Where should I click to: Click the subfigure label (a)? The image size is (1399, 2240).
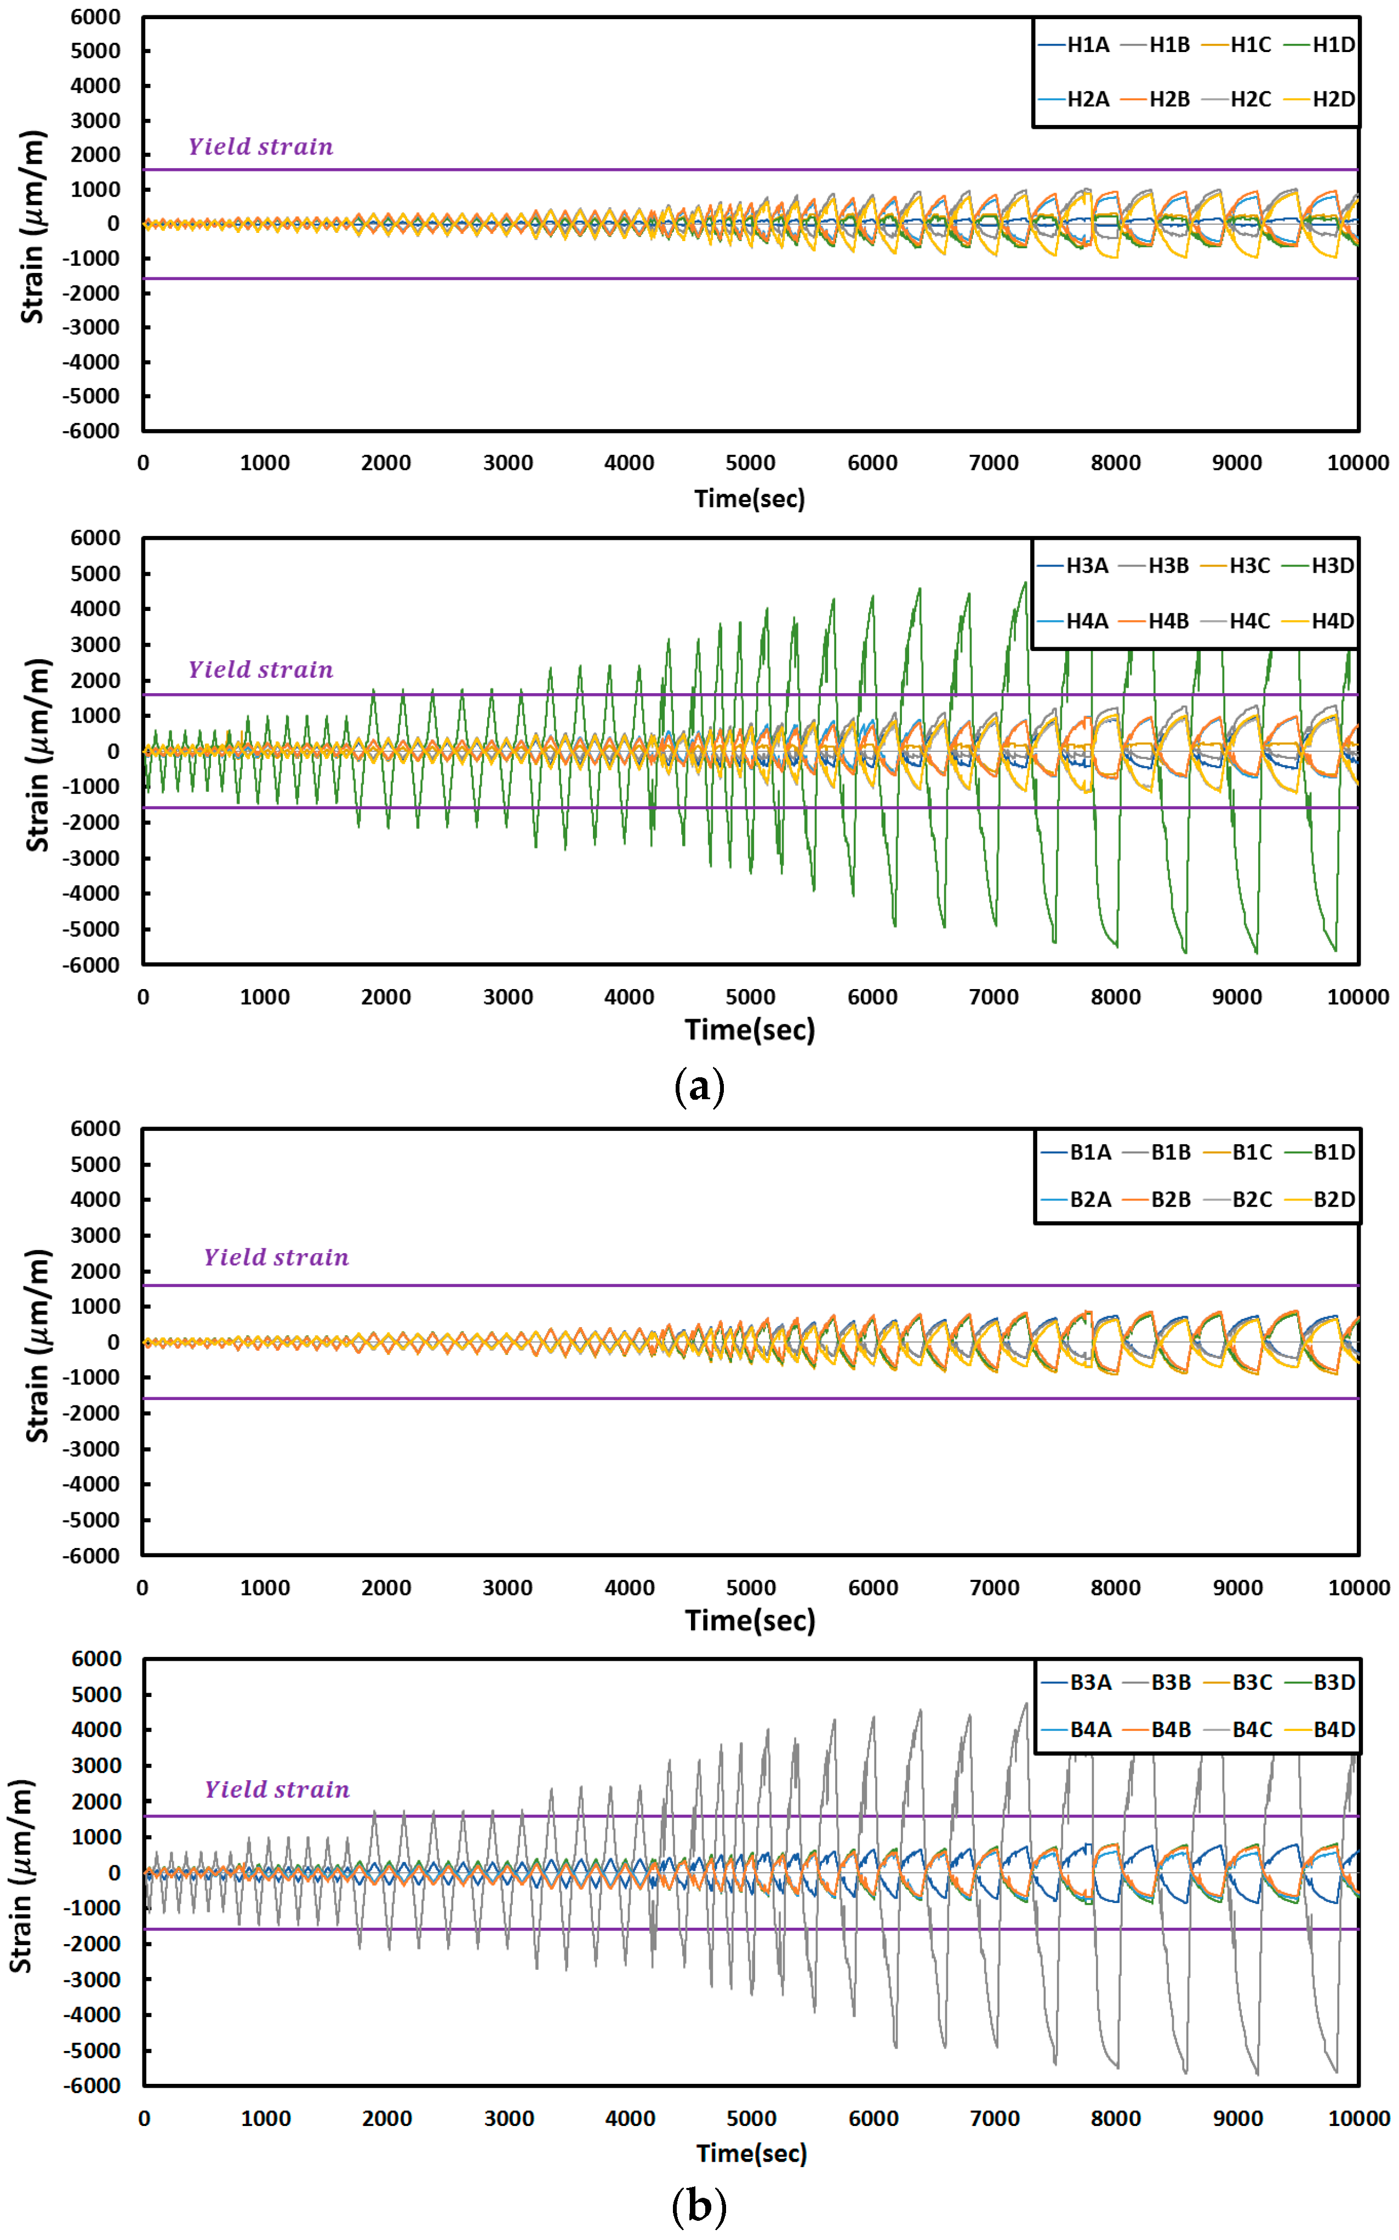click(699, 1085)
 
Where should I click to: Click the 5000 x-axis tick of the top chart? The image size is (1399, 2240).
click(750, 462)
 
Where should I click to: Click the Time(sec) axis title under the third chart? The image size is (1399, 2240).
click(750, 1620)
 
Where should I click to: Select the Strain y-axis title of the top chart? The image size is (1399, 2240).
click(33, 227)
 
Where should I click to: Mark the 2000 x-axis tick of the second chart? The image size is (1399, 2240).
click(386, 997)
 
